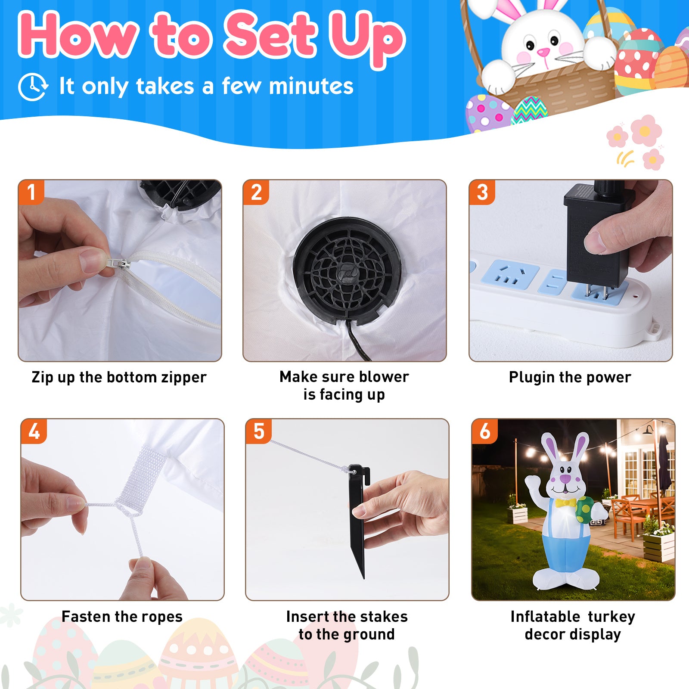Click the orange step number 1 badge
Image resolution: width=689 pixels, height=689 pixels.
click(31, 192)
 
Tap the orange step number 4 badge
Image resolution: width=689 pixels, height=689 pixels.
click(34, 431)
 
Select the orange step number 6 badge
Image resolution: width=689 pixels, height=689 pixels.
click(485, 431)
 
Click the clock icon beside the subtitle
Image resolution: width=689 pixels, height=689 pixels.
click(33, 87)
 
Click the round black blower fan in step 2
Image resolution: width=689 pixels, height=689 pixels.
click(347, 271)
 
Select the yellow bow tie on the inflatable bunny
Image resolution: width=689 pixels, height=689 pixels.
click(565, 503)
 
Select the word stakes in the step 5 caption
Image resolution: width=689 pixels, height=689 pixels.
click(384, 617)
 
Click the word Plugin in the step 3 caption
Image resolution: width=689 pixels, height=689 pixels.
click(531, 378)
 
